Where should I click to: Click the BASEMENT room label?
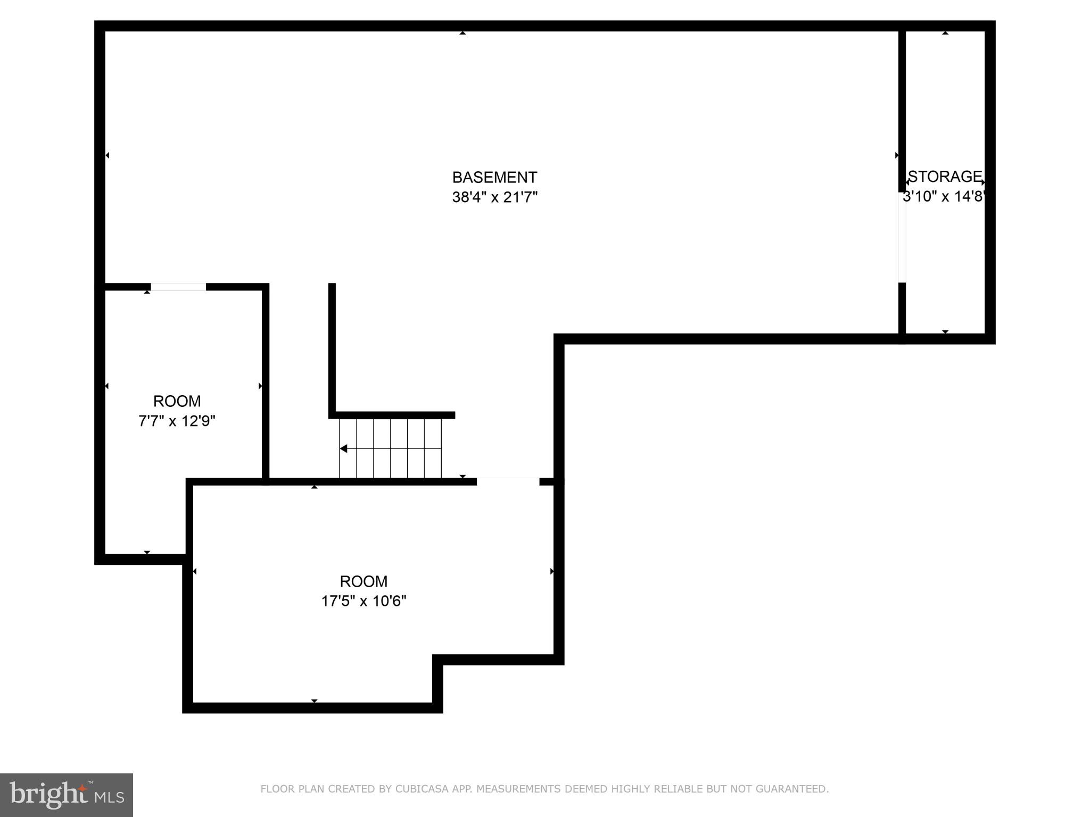494,177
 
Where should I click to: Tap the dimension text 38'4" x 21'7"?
494,197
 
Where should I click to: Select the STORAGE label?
945,176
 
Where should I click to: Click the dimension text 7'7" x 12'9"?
177,421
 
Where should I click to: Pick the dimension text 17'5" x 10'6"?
364,601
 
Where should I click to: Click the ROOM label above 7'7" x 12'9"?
177,401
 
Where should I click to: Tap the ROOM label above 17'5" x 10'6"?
364,581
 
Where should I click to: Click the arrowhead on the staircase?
344,448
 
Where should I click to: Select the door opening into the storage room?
902,237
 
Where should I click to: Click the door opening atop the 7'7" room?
178,287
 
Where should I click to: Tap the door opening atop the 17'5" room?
508,482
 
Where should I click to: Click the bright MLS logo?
67,795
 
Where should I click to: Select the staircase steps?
391,448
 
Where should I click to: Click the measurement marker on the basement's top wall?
463,33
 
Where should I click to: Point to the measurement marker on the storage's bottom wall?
945,331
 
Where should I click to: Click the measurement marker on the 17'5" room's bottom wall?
314,701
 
